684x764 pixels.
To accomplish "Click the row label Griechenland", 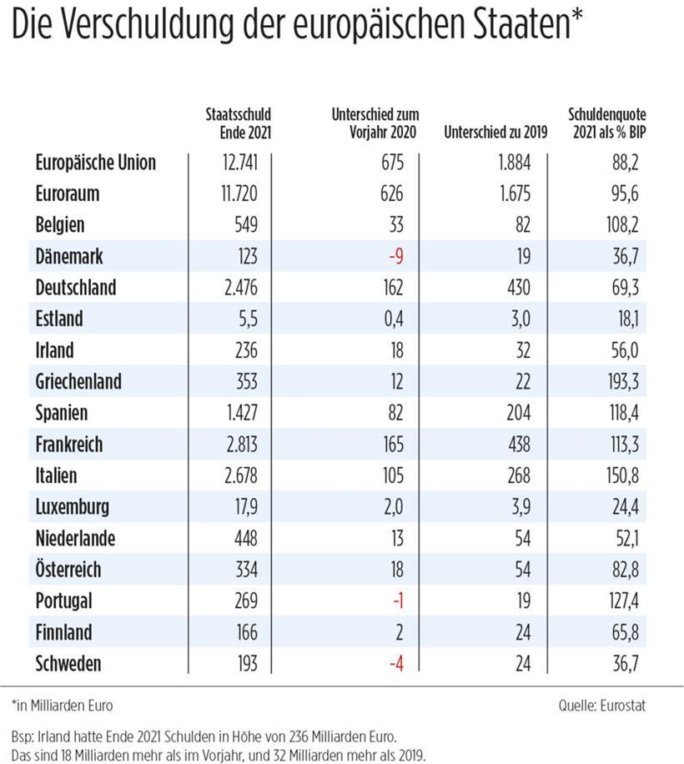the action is pos(78,381).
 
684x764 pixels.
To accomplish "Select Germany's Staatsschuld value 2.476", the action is pos(241,288).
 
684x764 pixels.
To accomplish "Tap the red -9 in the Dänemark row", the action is pos(396,256).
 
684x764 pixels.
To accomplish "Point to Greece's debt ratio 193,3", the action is pos(623,381).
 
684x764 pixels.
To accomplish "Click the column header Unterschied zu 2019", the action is pos(495,132).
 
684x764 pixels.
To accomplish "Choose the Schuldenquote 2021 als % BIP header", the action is pos(607,123).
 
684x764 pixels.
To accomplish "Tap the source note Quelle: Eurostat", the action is pos(602,705).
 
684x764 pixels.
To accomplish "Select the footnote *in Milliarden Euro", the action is pos(62,705).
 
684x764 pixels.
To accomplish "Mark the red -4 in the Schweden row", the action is pos(396,664).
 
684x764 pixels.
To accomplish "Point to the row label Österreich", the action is pos(68,569).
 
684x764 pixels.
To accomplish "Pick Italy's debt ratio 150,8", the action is pos(622,475).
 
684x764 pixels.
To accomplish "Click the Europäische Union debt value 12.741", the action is pos(239,163).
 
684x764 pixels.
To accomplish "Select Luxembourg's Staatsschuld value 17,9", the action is pos(247,507).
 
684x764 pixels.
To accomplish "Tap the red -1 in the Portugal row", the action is pos(399,601).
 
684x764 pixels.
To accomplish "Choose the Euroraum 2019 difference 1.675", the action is pos(515,194).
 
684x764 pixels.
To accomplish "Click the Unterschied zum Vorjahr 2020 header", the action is pos(375,123).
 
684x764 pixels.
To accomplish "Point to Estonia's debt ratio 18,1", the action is pos(628,319).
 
